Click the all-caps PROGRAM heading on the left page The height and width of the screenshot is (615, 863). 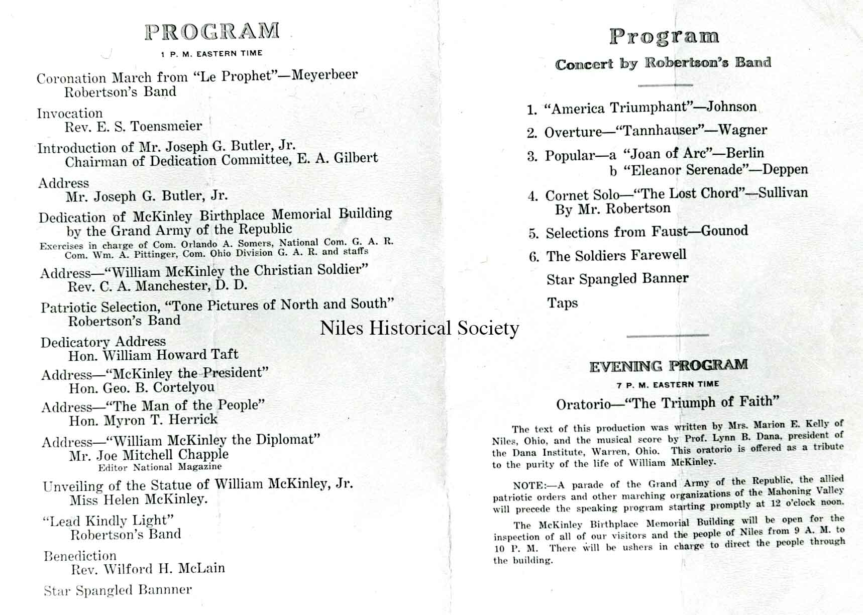point(212,31)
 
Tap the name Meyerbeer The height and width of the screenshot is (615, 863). point(325,75)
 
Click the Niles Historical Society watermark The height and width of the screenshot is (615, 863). point(419,328)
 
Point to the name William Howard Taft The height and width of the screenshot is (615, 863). point(170,355)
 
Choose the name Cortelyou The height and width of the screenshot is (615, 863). point(183,387)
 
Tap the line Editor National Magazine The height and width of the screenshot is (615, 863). point(160,467)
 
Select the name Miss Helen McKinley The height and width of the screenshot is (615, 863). point(138,499)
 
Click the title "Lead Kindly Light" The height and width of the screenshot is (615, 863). point(109,521)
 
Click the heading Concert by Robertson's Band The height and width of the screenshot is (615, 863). point(663,64)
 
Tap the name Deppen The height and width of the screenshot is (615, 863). point(785,169)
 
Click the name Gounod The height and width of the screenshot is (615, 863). point(724,231)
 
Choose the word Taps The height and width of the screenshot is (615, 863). point(562,303)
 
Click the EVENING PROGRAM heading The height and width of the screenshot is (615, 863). point(668,366)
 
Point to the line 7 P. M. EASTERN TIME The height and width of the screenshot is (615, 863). point(668,384)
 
